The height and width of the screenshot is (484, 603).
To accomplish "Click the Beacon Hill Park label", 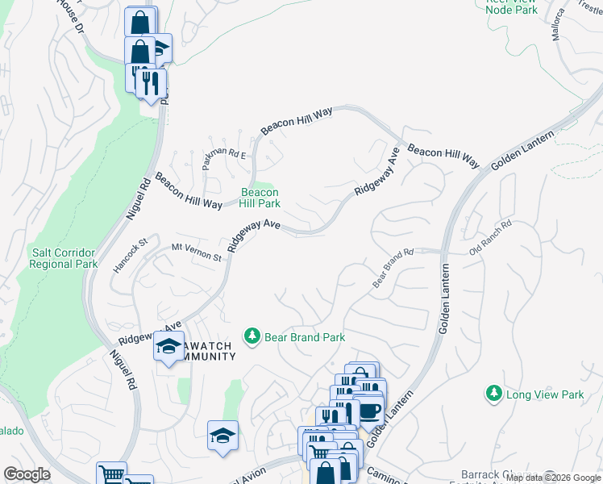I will click(260, 198).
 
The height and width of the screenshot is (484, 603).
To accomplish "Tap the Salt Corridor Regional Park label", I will click(64, 258).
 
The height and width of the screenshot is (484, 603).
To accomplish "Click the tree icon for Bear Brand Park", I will click(252, 336).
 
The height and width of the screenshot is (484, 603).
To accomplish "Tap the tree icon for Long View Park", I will click(493, 394).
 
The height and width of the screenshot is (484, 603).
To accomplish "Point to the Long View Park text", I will click(545, 394).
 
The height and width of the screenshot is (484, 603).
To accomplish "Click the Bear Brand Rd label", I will click(393, 268).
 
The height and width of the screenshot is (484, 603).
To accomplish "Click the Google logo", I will click(27, 474).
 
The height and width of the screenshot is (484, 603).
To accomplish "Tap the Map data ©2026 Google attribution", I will click(553, 478).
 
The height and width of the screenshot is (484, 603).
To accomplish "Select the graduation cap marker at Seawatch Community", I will click(168, 347).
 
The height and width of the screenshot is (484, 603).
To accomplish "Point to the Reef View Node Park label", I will click(512, 6).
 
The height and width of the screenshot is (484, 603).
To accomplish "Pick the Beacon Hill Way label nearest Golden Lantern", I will click(443, 156).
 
